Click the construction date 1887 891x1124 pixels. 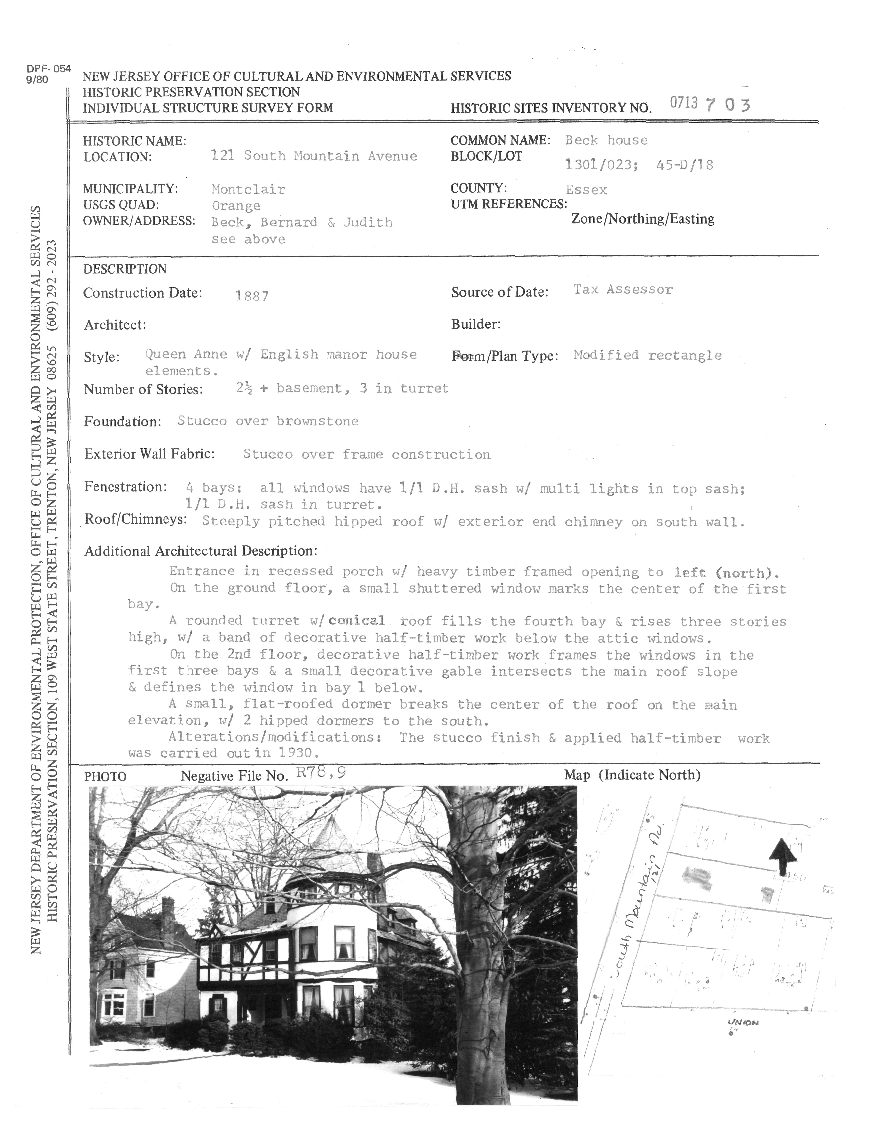[252, 296]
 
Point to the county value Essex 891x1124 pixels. [586, 190]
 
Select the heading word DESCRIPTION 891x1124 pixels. [125, 269]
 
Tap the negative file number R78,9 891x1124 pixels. [320, 772]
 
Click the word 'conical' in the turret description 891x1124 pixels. [357, 620]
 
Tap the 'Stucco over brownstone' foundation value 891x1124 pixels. [268, 421]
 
